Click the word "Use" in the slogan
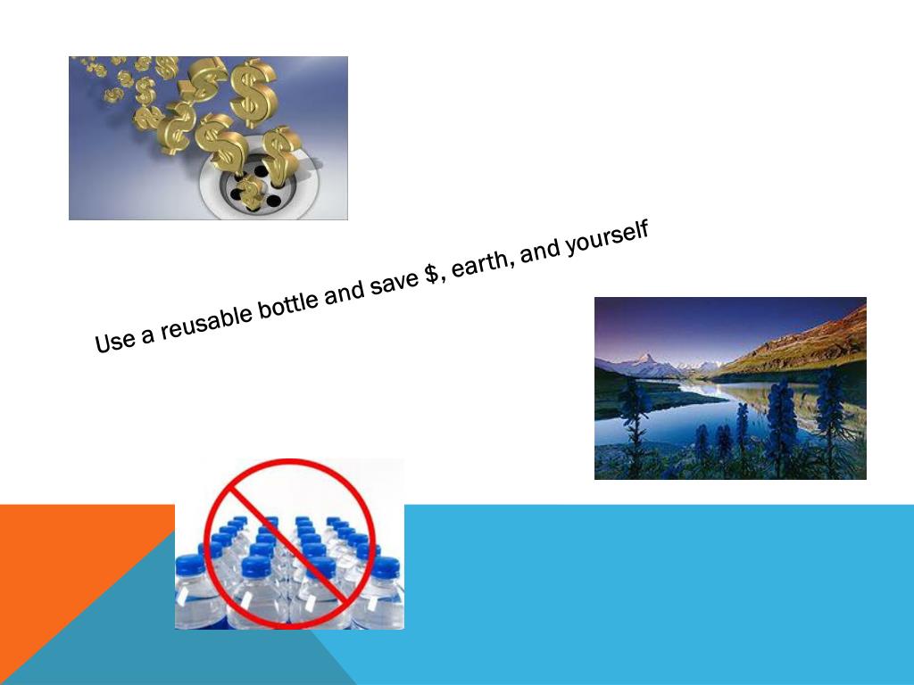114,340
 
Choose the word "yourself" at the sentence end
606,236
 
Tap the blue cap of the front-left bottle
190,565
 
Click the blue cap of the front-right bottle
385,567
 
